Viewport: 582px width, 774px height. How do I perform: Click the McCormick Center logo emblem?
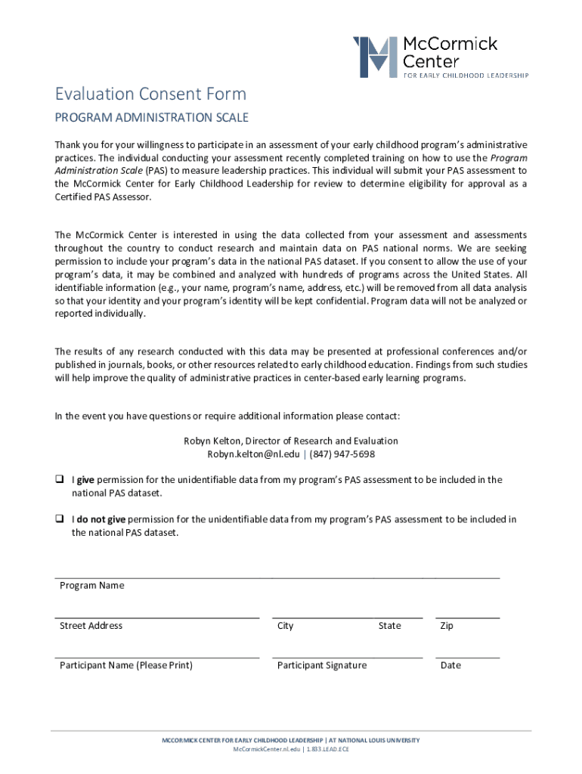375,57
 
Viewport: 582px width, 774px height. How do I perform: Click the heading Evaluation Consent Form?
150,94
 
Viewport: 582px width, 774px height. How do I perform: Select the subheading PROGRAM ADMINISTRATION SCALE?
151,118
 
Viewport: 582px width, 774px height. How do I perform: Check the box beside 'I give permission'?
58,480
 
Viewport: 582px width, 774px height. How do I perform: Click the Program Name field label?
92,586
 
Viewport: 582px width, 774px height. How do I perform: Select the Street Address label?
91,626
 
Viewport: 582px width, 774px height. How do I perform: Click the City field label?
286,626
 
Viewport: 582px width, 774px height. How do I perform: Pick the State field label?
390,626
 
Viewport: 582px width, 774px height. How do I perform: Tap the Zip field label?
447,626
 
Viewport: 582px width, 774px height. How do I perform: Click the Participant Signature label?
322,665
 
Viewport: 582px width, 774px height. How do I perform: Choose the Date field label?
450,665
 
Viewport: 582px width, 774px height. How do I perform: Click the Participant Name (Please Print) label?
126,665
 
